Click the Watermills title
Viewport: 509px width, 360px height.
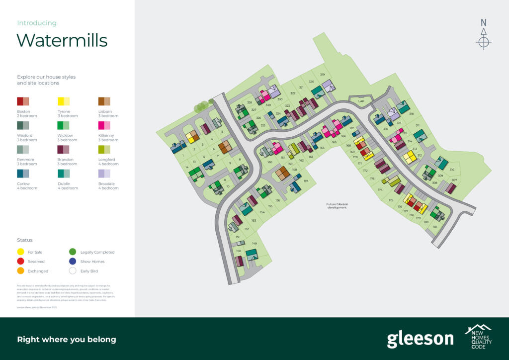click(62, 40)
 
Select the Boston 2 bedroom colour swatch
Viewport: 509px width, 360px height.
click(23, 101)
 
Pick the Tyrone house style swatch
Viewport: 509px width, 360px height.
click(64, 101)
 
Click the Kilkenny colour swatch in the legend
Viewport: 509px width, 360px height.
click(104, 125)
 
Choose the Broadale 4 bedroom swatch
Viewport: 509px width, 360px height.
click(104, 173)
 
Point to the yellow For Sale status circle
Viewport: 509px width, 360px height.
click(21, 252)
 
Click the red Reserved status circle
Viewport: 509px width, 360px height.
click(21, 262)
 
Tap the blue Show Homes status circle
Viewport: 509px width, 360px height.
click(73, 262)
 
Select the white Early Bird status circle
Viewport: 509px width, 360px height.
click(73, 271)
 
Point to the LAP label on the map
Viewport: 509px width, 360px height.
click(361, 101)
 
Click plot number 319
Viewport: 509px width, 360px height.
click(322, 75)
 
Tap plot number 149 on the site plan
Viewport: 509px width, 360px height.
click(254, 243)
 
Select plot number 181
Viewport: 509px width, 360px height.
click(435, 227)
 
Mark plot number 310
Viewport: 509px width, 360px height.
click(452, 170)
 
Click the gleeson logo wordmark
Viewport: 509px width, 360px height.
click(420, 339)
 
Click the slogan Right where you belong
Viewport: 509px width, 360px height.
click(67, 340)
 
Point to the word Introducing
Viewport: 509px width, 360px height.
click(37, 23)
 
